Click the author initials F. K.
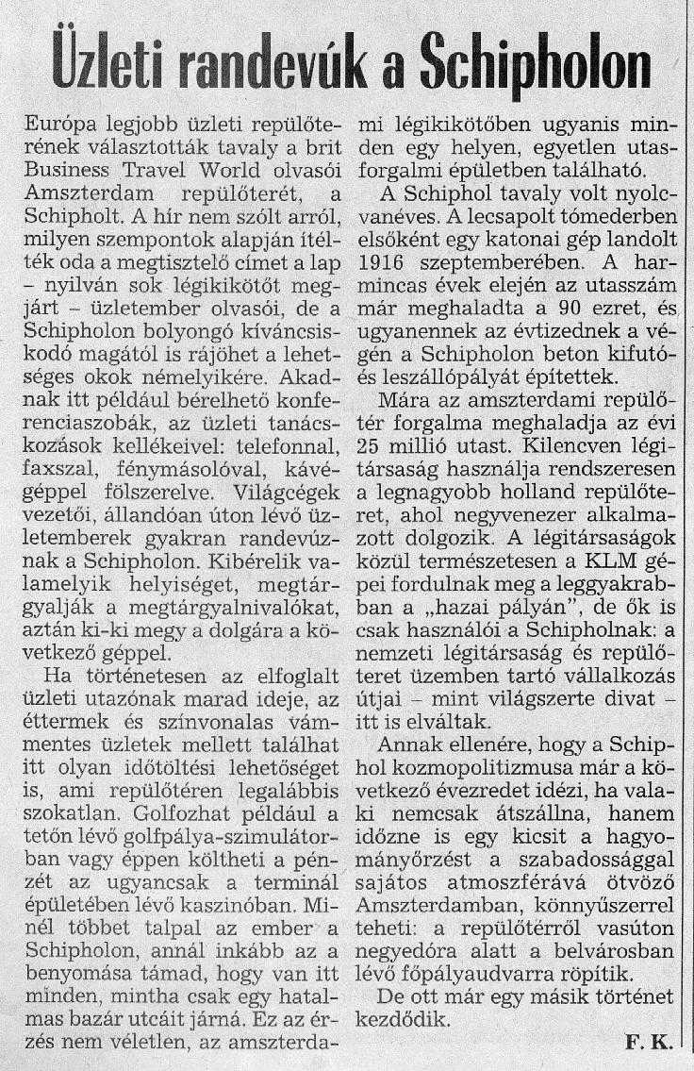point(647,1041)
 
